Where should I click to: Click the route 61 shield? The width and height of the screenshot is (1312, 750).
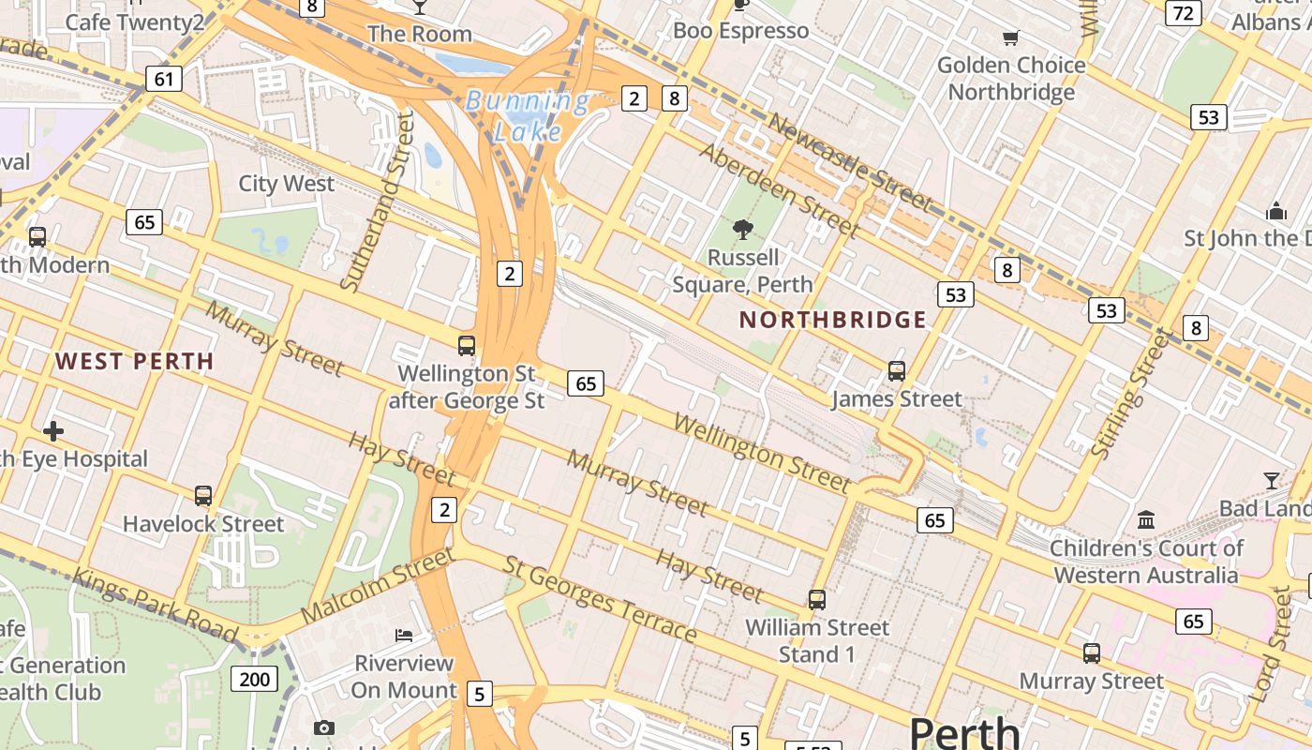pyautogui.click(x=164, y=79)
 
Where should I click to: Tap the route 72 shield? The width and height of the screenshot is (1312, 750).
pyautogui.click(x=1184, y=12)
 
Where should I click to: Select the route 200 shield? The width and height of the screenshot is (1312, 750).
pyautogui.click(x=254, y=679)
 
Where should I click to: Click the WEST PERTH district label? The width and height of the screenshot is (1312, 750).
pyautogui.click(x=135, y=361)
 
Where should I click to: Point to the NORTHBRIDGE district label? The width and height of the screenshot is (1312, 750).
pyautogui.click(x=833, y=320)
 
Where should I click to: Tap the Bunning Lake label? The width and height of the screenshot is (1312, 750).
pyautogui.click(x=529, y=115)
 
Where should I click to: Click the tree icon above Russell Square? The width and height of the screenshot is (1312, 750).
pyautogui.click(x=743, y=229)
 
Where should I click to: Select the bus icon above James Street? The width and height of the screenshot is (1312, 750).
pyautogui.click(x=897, y=371)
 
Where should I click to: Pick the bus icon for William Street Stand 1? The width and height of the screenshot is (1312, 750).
pyautogui.click(x=817, y=600)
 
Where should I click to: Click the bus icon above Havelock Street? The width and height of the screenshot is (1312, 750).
pyautogui.click(x=203, y=496)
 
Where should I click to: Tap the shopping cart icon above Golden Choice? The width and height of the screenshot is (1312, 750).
pyautogui.click(x=1010, y=38)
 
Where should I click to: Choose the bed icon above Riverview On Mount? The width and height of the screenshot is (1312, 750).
pyautogui.click(x=404, y=636)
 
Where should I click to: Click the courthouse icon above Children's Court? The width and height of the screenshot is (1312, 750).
pyautogui.click(x=1145, y=519)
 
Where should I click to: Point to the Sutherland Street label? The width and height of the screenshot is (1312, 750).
pyautogui.click(x=378, y=201)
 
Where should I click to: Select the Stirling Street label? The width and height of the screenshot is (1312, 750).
pyautogui.click(x=1132, y=395)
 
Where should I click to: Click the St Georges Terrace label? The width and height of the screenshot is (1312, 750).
pyautogui.click(x=601, y=599)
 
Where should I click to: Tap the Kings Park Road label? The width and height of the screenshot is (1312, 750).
pyautogui.click(x=156, y=605)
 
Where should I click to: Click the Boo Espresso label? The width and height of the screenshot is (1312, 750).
pyautogui.click(x=740, y=31)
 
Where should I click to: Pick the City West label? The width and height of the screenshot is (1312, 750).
pyautogui.click(x=286, y=183)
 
